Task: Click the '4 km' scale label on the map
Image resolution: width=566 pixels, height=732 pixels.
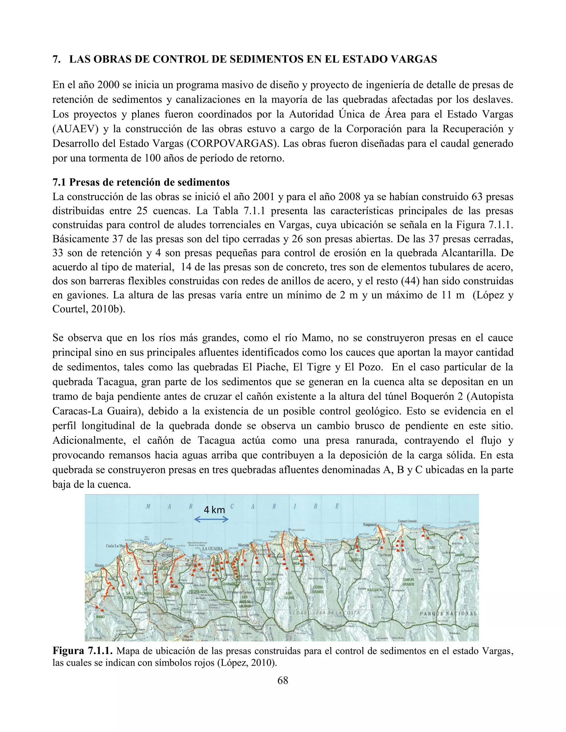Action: pos(214,510)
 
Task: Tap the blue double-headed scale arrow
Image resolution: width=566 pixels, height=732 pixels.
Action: pos(211,520)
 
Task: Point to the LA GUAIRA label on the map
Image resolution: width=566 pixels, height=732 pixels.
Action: pos(212,549)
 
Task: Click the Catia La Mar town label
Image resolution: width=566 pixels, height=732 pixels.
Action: pos(116,546)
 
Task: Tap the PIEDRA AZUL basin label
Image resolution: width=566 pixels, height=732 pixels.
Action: pos(198,592)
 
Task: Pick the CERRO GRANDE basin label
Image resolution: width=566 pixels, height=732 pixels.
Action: pos(318,589)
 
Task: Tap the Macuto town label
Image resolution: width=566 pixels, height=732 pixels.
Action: pos(243,545)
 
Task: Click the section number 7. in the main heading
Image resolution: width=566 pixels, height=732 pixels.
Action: pos(57,59)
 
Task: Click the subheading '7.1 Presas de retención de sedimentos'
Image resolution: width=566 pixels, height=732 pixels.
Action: pos(141,182)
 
